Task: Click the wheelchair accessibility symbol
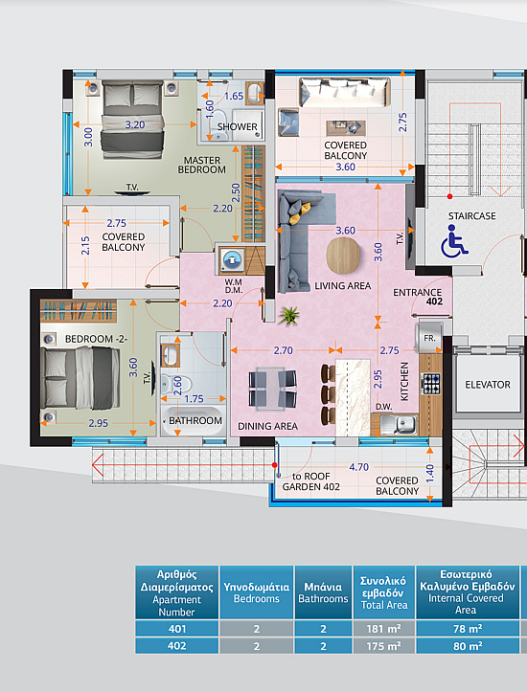pos(454,240)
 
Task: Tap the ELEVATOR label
pos(488,385)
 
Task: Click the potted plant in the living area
pos(289,316)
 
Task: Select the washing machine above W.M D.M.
pos(231,260)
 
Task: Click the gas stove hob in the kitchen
pos(431,384)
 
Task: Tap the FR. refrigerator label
pos(429,339)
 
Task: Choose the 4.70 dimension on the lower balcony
pos(358,467)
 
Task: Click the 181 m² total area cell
pos(384,629)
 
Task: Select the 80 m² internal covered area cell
pos(468,646)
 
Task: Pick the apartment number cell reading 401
pos(176,629)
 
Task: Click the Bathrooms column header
pos(323,592)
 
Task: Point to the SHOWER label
pos(237,126)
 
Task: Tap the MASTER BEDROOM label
pos(202,165)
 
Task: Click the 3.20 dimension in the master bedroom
pos(135,124)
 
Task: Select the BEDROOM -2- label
pos(97,339)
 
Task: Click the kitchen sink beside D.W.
pos(399,424)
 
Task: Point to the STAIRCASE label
pos(471,215)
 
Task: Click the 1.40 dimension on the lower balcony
pos(430,474)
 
